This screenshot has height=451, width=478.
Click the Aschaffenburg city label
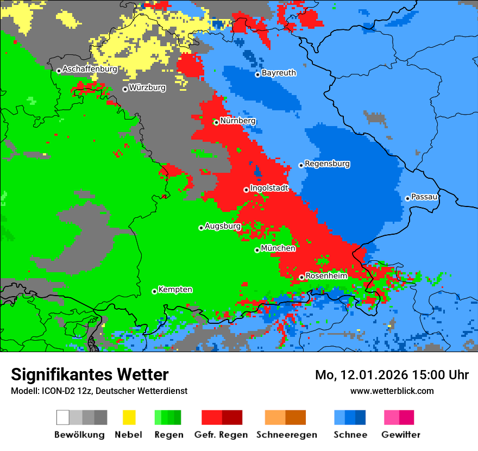tap(90, 70)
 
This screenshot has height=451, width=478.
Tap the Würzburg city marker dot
tap(125, 89)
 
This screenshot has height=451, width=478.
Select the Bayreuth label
tap(279, 73)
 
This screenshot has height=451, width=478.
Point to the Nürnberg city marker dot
tap(216, 122)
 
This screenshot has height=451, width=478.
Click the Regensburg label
tap(327, 164)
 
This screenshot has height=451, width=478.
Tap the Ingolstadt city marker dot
tap(246, 190)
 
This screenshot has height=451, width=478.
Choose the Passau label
tap(425, 197)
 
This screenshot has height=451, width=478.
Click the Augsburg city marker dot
tap(201, 228)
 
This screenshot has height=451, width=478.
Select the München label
tap(278, 248)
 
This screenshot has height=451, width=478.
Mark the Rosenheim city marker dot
tap(301, 277)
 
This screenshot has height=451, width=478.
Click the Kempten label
tap(175, 290)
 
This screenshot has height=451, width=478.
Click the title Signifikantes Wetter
tap(90, 374)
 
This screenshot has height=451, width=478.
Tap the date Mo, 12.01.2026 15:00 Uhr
tap(392, 375)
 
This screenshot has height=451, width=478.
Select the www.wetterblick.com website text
tap(392, 391)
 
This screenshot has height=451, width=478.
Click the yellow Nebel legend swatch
tap(129, 417)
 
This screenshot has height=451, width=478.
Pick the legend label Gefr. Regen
tap(221, 435)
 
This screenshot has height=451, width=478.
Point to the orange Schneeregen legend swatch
tap(275, 417)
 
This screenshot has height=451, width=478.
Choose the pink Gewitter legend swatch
tap(391, 417)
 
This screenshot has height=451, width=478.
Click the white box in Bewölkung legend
tap(63, 417)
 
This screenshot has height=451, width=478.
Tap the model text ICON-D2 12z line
tap(99, 391)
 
